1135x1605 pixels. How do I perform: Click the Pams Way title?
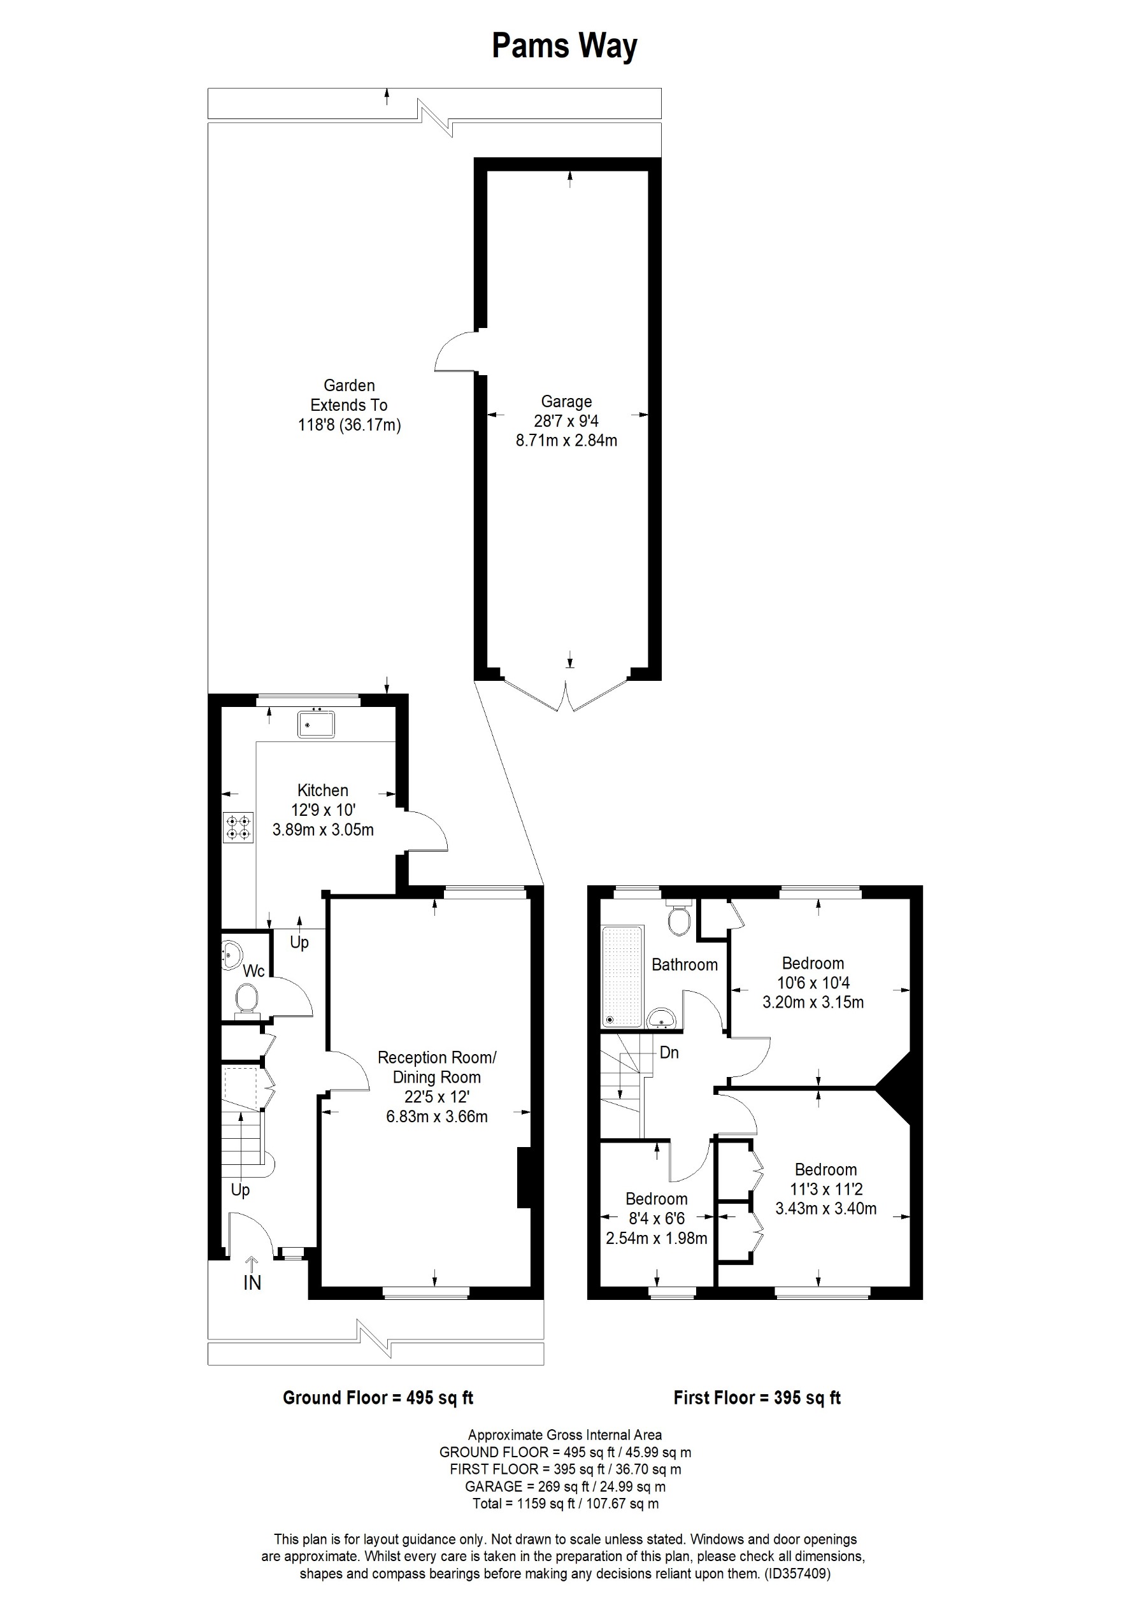[565, 46]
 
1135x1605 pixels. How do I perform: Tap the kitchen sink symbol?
[316, 724]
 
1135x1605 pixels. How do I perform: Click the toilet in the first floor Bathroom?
[678, 920]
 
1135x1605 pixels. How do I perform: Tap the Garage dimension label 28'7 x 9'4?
[566, 421]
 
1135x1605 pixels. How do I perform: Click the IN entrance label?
[252, 1283]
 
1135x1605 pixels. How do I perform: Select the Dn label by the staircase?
[669, 1053]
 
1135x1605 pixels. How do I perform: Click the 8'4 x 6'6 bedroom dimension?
[656, 1218]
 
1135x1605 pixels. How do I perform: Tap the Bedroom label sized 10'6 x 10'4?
[813, 962]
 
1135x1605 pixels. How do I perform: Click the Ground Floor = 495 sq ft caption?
[378, 1398]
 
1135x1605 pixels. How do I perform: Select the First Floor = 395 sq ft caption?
[757, 1398]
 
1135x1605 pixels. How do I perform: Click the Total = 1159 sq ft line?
[566, 1504]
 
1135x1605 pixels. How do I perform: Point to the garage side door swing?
[454, 353]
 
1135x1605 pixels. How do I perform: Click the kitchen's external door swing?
[426, 831]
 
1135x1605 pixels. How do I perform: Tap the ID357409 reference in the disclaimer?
[797, 1574]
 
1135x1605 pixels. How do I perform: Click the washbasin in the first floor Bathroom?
[660, 1019]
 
